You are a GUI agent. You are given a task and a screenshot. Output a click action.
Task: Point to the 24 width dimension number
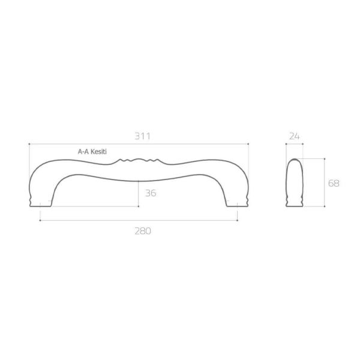[x=294, y=136]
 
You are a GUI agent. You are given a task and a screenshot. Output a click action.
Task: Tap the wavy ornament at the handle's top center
[x=139, y=161]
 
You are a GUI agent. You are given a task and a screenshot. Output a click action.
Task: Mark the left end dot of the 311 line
[x=29, y=145]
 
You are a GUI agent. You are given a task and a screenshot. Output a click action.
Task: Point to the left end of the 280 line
[x=40, y=221]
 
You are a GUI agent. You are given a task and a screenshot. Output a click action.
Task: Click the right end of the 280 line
[x=238, y=221]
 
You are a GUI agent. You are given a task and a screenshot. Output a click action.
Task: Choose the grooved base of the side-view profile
[x=294, y=201]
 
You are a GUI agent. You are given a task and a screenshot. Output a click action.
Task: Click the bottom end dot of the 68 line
[x=325, y=206]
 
